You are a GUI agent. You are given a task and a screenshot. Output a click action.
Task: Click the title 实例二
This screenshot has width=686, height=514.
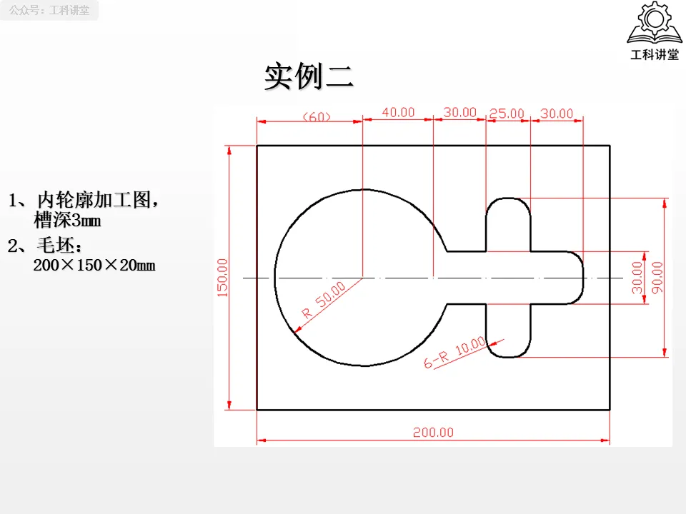(x=309, y=77)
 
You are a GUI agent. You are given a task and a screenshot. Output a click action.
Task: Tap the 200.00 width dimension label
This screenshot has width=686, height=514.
(x=433, y=432)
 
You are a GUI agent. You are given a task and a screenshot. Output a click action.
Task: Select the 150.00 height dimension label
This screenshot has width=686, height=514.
(x=222, y=277)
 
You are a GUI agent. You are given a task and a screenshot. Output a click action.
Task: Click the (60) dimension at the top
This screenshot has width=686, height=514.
(x=317, y=116)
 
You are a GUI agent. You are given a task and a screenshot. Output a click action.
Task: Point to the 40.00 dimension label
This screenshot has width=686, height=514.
(x=398, y=112)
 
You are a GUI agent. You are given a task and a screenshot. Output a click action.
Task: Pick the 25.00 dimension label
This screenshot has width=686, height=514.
(x=507, y=114)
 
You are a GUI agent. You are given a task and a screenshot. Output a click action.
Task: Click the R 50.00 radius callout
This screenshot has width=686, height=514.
(x=324, y=300)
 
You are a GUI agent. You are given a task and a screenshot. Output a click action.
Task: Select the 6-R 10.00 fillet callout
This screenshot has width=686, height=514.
(x=455, y=353)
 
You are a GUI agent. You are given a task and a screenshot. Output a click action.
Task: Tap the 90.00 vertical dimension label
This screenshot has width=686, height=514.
(x=657, y=277)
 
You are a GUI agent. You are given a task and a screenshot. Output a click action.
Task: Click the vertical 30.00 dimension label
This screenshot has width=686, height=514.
(x=637, y=277)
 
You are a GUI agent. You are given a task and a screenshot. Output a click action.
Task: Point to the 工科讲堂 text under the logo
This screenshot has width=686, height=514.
(x=654, y=55)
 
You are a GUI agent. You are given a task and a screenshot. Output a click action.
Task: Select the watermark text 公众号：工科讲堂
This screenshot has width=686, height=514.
(x=49, y=11)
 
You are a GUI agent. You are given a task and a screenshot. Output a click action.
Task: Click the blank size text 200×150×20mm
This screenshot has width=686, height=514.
(x=94, y=266)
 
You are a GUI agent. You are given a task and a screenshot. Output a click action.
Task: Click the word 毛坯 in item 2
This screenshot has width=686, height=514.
(x=60, y=247)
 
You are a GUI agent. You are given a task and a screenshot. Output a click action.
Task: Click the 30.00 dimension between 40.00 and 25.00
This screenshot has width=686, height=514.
(x=459, y=112)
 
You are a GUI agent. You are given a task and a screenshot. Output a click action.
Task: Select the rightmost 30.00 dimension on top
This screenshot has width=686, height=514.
(x=557, y=114)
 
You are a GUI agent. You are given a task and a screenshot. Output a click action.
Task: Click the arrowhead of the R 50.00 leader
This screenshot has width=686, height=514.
(x=297, y=329)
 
